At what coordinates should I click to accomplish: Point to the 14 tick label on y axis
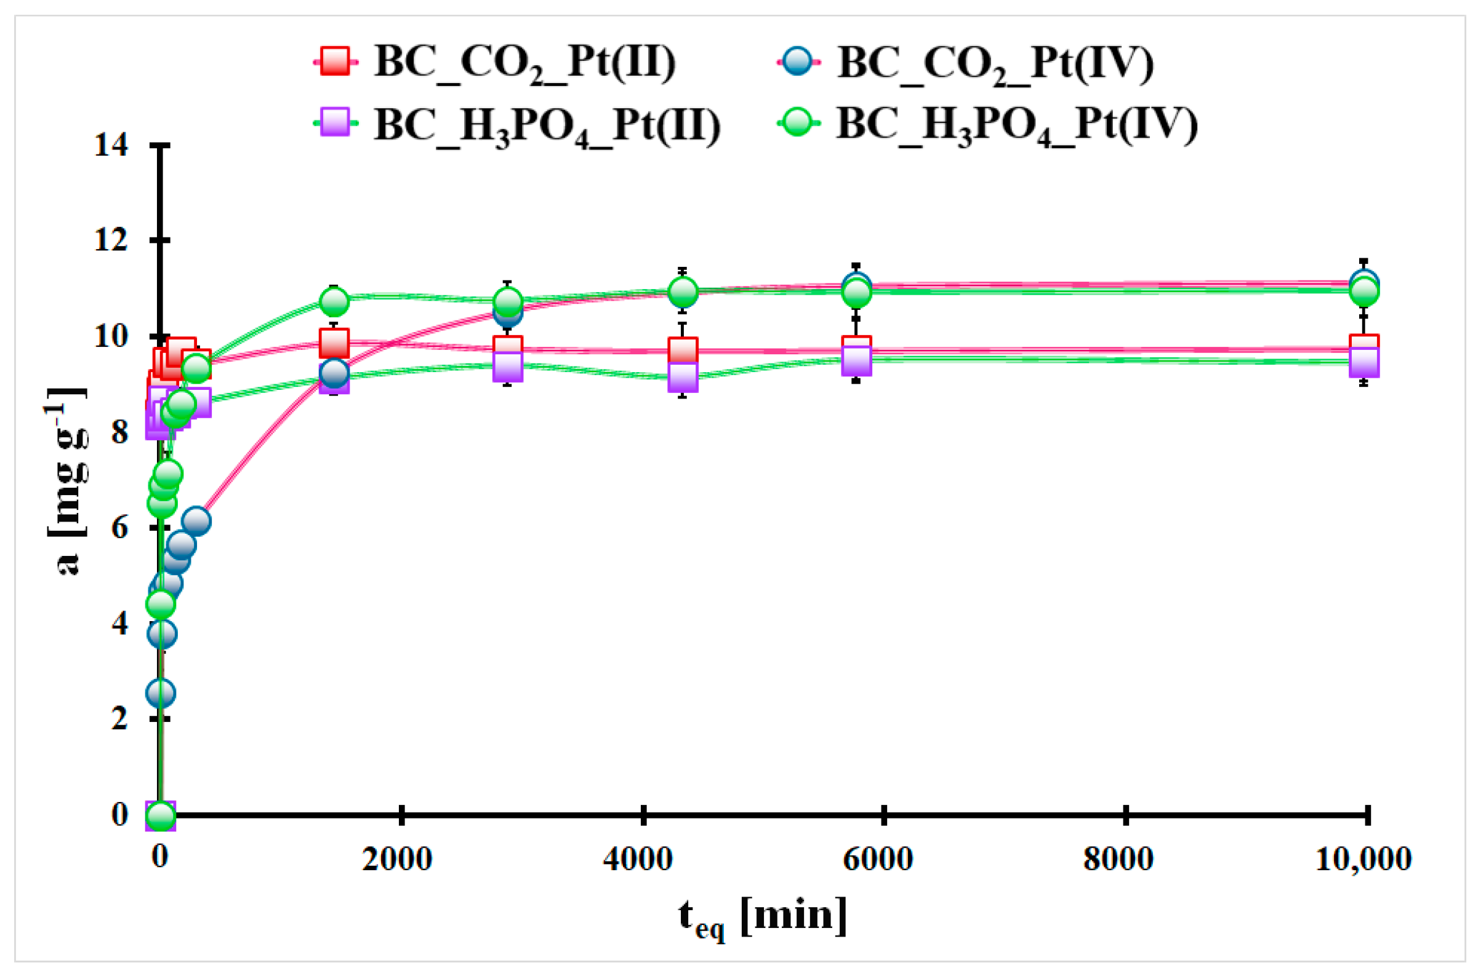pyautogui.click(x=111, y=145)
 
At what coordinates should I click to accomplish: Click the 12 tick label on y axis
pyautogui.click(x=111, y=240)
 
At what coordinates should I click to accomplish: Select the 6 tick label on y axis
pyautogui.click(x=119, y=528)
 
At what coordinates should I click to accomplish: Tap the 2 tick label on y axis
pyautogui.click(x=119, y=719)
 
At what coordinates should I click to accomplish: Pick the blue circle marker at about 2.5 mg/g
pyautogui.click(x=160, y=692)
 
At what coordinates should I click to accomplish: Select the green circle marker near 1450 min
pyautogui.click(x=334, y=302)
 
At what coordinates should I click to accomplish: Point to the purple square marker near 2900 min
pyautogui.click(x=507, y=366)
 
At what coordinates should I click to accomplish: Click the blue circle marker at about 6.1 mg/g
pyautogui.click(x=196, y=520)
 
